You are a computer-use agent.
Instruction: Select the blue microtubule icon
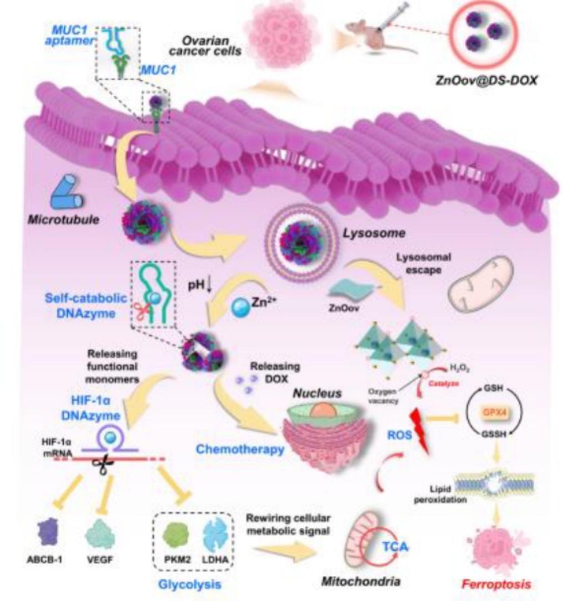pyautogui.click(x=68, y=193)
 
